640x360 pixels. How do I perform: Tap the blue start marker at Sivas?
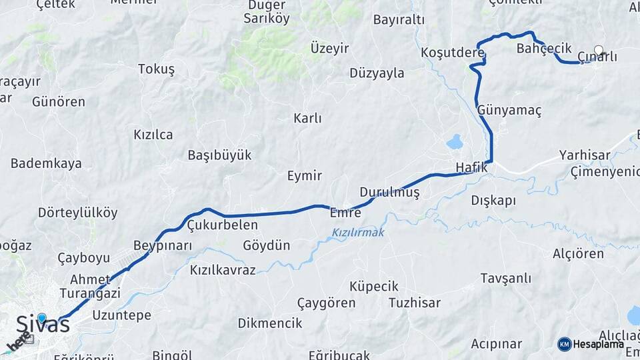42,318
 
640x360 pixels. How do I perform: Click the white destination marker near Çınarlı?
598,50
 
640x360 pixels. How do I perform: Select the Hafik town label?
471,167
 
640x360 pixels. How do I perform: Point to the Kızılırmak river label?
358,233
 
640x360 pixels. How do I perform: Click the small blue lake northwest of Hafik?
455,142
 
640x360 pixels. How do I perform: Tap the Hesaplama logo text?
599,344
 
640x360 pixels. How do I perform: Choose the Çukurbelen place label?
222,225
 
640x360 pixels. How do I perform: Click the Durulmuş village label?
389,192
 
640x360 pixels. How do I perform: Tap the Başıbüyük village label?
219,155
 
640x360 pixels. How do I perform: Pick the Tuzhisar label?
414,303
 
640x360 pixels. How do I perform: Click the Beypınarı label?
163,245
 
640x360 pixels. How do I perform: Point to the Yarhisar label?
585,155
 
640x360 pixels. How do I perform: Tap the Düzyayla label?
377,73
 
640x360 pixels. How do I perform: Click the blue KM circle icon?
565,344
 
